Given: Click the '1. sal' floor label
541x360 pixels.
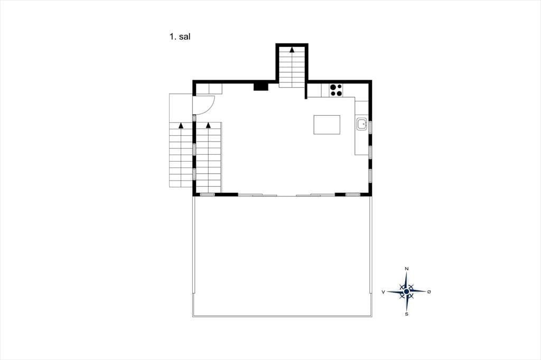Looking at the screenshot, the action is pyautogui.click(x=180, y=36).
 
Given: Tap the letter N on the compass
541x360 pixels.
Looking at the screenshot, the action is pyautogui.click(x=407, y=269).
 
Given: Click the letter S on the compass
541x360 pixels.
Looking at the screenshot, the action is pyautogui.click(x=407, y=314).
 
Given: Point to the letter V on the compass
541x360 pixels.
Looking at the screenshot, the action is pyautogui.click(x=384, y=292).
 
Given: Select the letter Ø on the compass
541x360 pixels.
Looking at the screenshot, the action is pyautogui.click(x=429, y=292).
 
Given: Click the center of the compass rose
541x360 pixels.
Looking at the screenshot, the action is pyautogui.click(x=406, y=292).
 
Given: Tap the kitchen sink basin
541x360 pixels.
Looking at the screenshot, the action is pyautogui.click(x=362, y=124).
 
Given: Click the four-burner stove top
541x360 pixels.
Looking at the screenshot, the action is pyautogui.click(x=335, y=90).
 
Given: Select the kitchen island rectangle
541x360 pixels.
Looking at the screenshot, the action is pyautogui.click(x=327, y=125).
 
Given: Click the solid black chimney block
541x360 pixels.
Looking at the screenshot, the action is pyautogui.click(x=261, y=87).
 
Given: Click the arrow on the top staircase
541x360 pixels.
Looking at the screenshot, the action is pyautogui.click(x=292, y=49).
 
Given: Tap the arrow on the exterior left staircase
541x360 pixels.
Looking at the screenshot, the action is pyautogui.click(x=181, y=125).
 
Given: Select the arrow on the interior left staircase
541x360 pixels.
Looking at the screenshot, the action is pyautogui.click(x=208, y=125).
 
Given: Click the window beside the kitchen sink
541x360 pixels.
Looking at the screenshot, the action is pyautogui.click(x=370, y=127).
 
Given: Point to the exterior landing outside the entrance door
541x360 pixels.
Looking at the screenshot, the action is pyautogui.click(x=181, y=108).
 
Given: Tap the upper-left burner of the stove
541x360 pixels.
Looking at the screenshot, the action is pyautogui.click(x=333, y=87).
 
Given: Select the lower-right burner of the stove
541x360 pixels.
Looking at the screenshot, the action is pyautogui.click(x=339, y=93).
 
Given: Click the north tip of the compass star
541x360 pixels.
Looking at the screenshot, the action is pyautogui.click(x=407, y=272).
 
